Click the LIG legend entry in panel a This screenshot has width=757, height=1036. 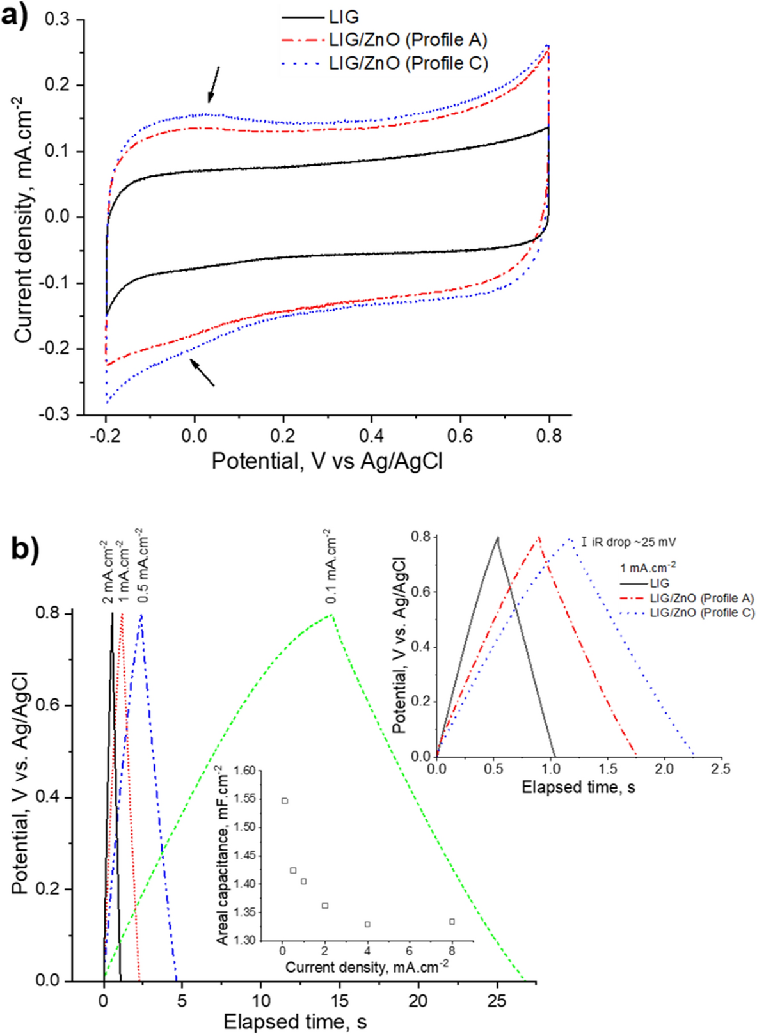[x=344, y=17]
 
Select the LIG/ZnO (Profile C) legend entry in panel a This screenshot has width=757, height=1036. [x=408, y=63]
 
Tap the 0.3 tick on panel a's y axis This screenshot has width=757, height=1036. [x=57, y=19]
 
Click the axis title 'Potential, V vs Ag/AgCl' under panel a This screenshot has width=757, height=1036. [x=327, y=461]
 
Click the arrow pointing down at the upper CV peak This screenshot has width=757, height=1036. [x=213, y=84]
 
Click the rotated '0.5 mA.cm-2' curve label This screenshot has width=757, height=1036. [x=143, y=565]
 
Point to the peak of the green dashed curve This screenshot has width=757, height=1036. [x=331, y=615]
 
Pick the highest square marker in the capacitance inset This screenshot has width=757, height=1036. [x=285, y=801]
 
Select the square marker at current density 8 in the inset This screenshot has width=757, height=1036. [x=452, y=922]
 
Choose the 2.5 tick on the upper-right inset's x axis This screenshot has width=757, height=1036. [x=721, y=769]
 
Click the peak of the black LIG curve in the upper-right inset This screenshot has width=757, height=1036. [x=497, y=538]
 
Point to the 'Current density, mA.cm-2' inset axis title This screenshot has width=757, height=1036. [x=367, y=966]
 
